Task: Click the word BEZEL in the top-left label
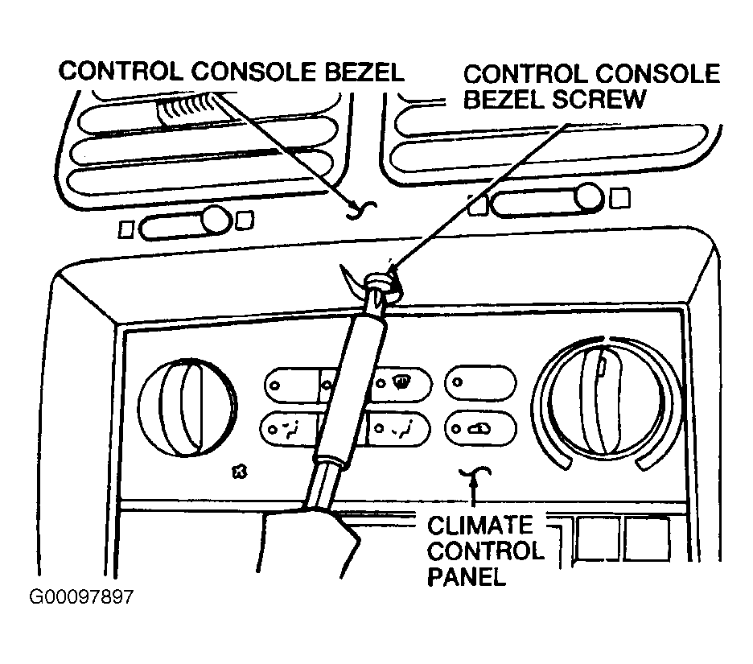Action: [x=364, y=72]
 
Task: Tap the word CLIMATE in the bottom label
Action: [x=479, y=525]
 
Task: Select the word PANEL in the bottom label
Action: [x=467, y=576]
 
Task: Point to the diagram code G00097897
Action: [x=80, y=596]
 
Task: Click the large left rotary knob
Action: [x=187, y=407]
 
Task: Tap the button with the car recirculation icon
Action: [x=481, y=428]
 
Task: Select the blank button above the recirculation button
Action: [x=481, y=383]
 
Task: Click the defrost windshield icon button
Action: [x=401, y=384]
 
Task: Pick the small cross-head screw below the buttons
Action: [x=239, y=472]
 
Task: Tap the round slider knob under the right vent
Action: [x=589, y=197]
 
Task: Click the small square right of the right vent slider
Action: [x=620, y=198]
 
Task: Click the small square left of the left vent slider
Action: [x=126, y=229]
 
